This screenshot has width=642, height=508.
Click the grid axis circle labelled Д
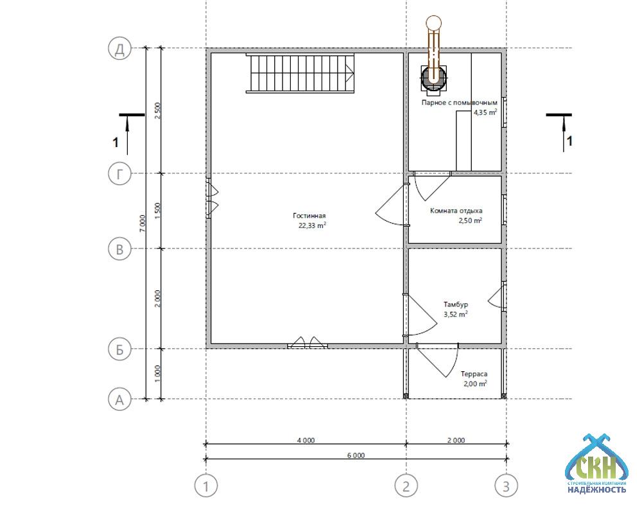pyautogui.click(x=119, y=49)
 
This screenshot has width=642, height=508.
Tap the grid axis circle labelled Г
pyautogui.click(x=119, y=174)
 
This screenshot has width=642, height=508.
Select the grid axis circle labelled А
pyautogui.click(x=119, y=399)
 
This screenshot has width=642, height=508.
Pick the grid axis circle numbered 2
pyautogui.click(x=406, y=486)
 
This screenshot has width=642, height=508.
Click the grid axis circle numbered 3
pyautogui.click(x=507, y=486)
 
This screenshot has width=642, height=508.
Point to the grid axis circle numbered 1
pyautogui.click(x=206, y=486)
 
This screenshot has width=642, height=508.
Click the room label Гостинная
pyautogui.click(x=309, y=216)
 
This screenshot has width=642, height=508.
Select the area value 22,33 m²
pyautogui.click(x=313, y=225)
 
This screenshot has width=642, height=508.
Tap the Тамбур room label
pyautogui.click(x=456, y=304)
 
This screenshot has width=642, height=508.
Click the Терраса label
pyautogui.click(x=474, y=374)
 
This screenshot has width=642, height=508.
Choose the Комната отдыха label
pyautogui.click(x=456, y=211)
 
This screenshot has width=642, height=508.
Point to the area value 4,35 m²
pyautogui.click(x=485, y=112)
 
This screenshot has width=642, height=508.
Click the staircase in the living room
pyautogui.click(x=300, y=73)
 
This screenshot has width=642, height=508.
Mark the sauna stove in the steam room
pyautogui.click(x=433, y=78)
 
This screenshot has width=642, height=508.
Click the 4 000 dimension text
pyautogui.click(x=306, y=441)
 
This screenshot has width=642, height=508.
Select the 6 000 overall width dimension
pyautogui.click(x=356, y=455)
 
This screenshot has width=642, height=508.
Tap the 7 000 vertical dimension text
pyautogui.click(x=142, y=223)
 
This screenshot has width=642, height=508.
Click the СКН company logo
pyautogui.click(x=596, y=464)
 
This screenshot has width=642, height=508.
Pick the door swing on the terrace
pyautogui.click(x=437, y=360)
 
